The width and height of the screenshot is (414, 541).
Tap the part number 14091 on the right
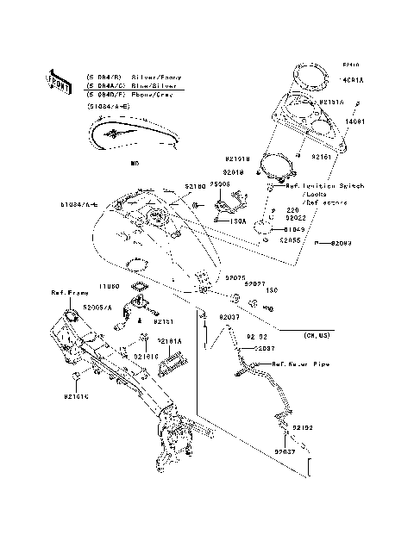pos(355,122)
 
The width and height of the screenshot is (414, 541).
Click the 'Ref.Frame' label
pos(66,293)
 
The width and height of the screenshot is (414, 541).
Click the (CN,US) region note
pos(318,333)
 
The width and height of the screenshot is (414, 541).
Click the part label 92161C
pos(74,398)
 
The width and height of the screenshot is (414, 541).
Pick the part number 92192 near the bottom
pos(300,427)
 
